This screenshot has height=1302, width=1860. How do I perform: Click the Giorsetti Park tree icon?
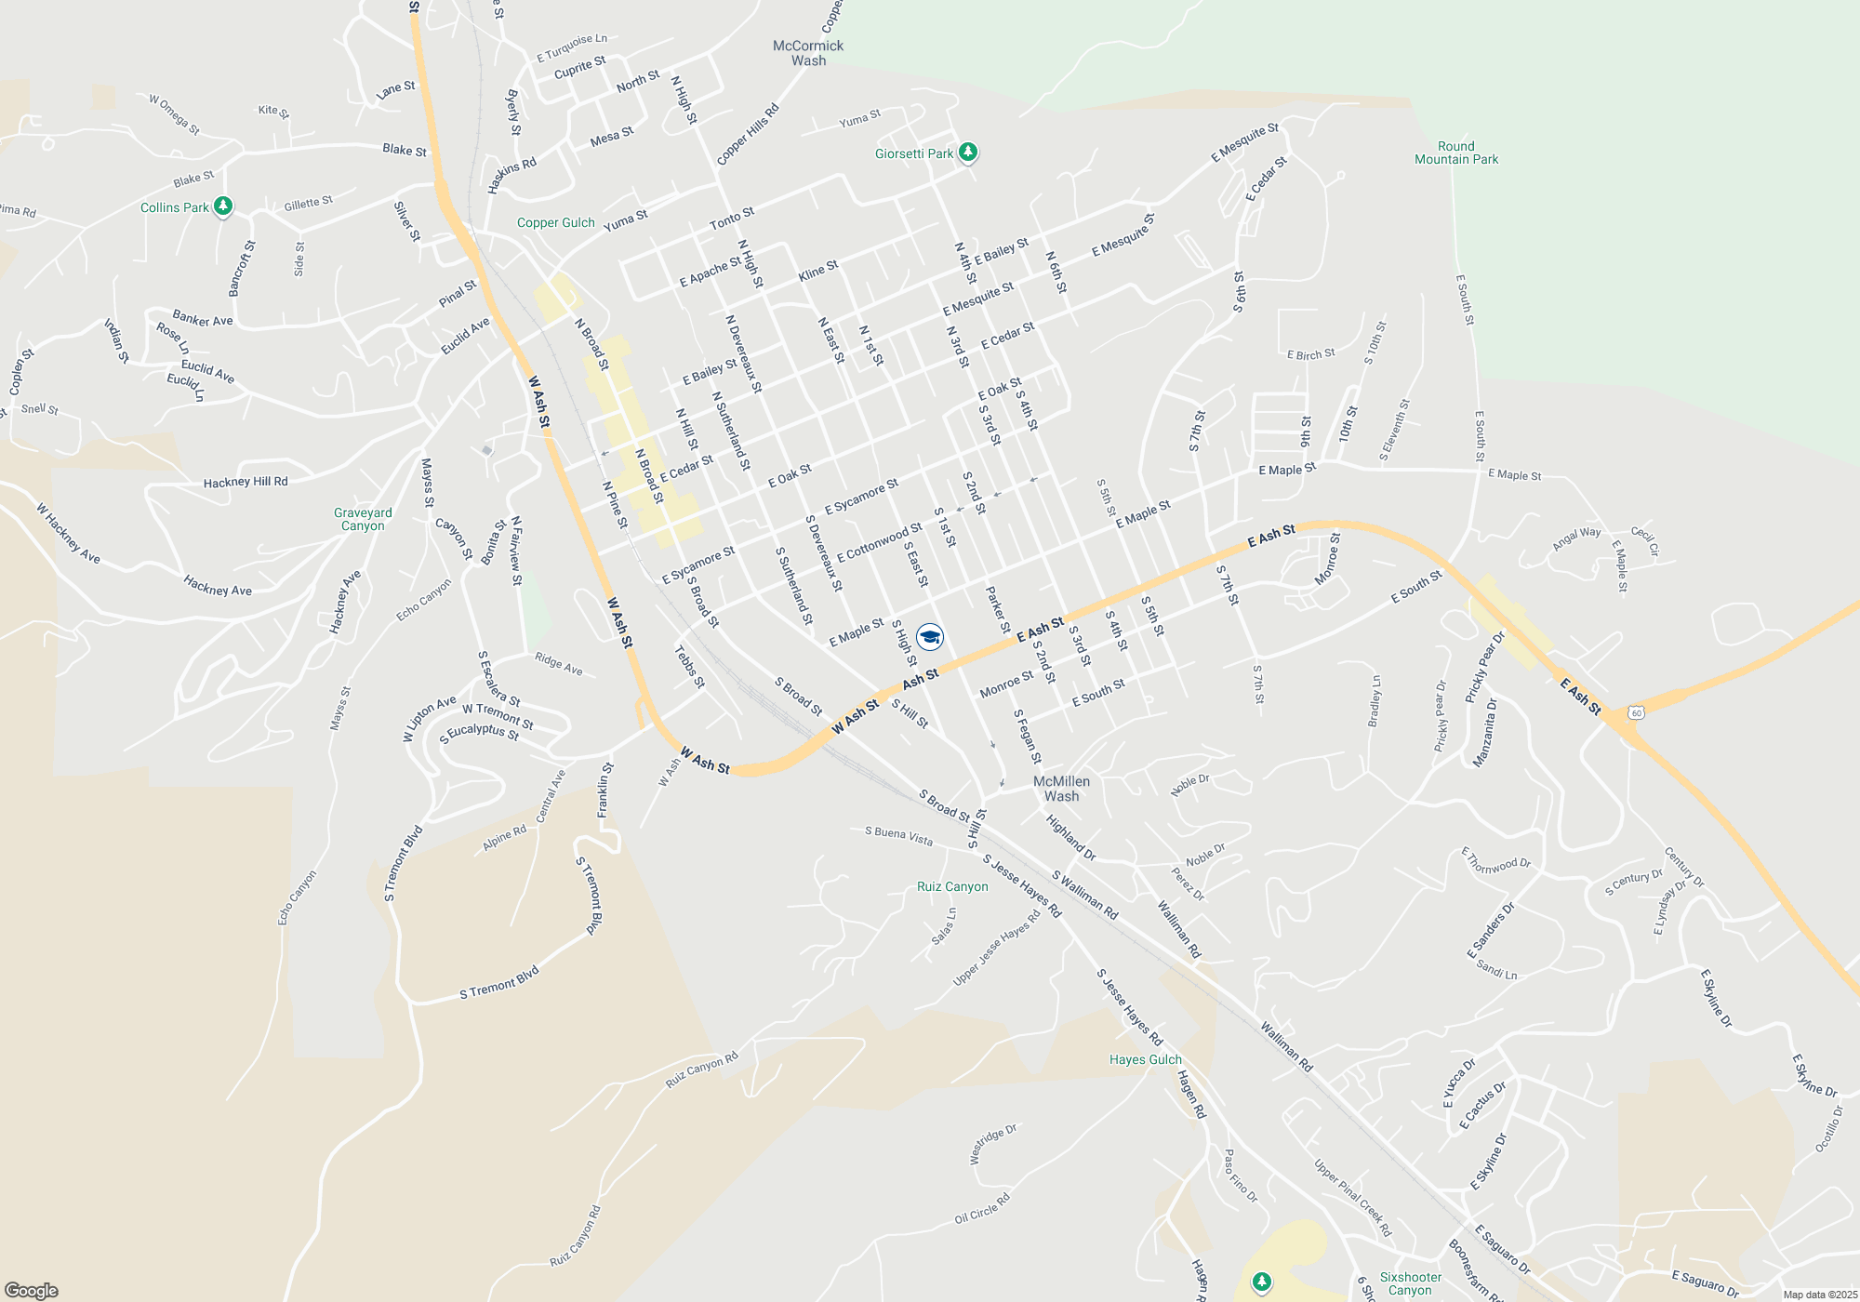(968, 152)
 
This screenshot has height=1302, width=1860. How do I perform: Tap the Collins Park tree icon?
(223, 206)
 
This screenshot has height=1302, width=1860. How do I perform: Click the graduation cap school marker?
(930, 637)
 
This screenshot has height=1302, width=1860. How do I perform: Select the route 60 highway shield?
(1637, 712)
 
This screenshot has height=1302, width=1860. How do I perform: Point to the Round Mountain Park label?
(1456, 153)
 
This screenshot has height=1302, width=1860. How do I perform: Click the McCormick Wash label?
(808, 53)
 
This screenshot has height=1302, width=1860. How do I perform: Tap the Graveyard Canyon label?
(363, 519)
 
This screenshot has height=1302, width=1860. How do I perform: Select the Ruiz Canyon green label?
(952, 886)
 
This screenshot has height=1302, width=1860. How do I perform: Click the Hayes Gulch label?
(1145, 1059)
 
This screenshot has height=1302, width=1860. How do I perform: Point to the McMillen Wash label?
(1061, 789)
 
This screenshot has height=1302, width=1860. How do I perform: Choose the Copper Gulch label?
(555, 222)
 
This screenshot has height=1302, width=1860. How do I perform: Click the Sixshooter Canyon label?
(1410, 1283)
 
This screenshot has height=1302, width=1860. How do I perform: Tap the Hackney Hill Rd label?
(246, 482)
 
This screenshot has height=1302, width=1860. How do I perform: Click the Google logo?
(32, 1290)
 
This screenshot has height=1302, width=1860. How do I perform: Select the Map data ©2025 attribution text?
(1820, 1295)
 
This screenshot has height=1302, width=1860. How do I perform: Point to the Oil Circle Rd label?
(982, 1209)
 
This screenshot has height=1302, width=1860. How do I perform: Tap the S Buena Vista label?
(898, 835)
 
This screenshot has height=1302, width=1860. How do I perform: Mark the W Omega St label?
(175, 114)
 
